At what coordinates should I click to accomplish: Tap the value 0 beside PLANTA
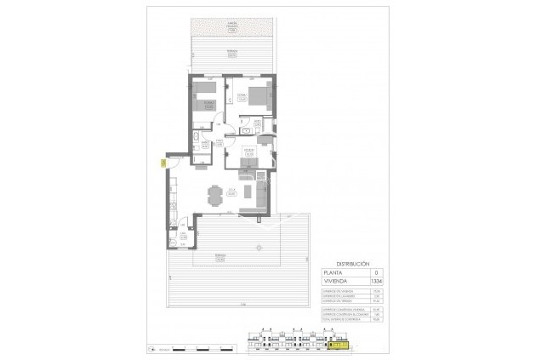(375, 271)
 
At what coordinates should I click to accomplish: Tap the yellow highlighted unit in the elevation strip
(338, 345)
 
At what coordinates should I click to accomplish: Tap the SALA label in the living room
(231, 191)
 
